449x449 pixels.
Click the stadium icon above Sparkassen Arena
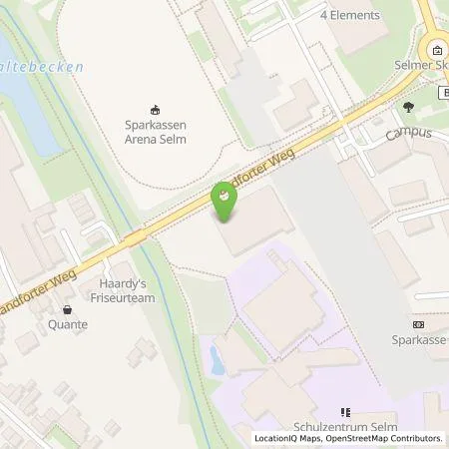[x=155, y=111]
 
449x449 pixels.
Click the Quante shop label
[x=66, y=324]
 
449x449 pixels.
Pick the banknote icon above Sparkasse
[x=417, y=324]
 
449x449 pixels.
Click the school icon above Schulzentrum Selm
[x=345, y=410]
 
